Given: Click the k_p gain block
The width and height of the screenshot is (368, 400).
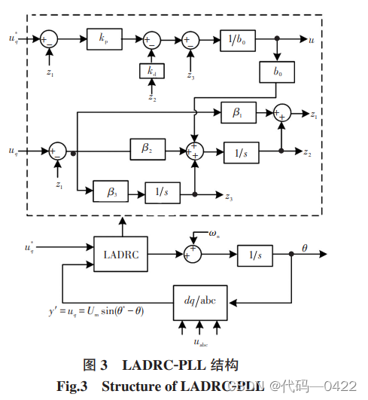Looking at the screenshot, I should pyautogui.click(x=102, y=38).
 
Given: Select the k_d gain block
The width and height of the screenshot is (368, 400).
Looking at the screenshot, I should pyautogui.click(x=151, y=71).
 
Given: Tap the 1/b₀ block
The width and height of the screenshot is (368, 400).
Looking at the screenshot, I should pyautogui.click(x=238, y=38).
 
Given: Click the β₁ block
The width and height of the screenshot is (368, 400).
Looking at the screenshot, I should pyautogui.click(x=237, y=112).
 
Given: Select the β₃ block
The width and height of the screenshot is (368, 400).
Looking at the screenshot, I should pyautogui.click(x=111, y=194).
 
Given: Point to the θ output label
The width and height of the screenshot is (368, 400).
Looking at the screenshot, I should pyautogui.click(x=305, y=247).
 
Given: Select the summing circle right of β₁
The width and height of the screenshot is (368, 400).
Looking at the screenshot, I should pyautogui.click(x=281, y=112).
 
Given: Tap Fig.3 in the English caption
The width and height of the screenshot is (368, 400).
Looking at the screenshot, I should pyautogui.click(x=72, y=386).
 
